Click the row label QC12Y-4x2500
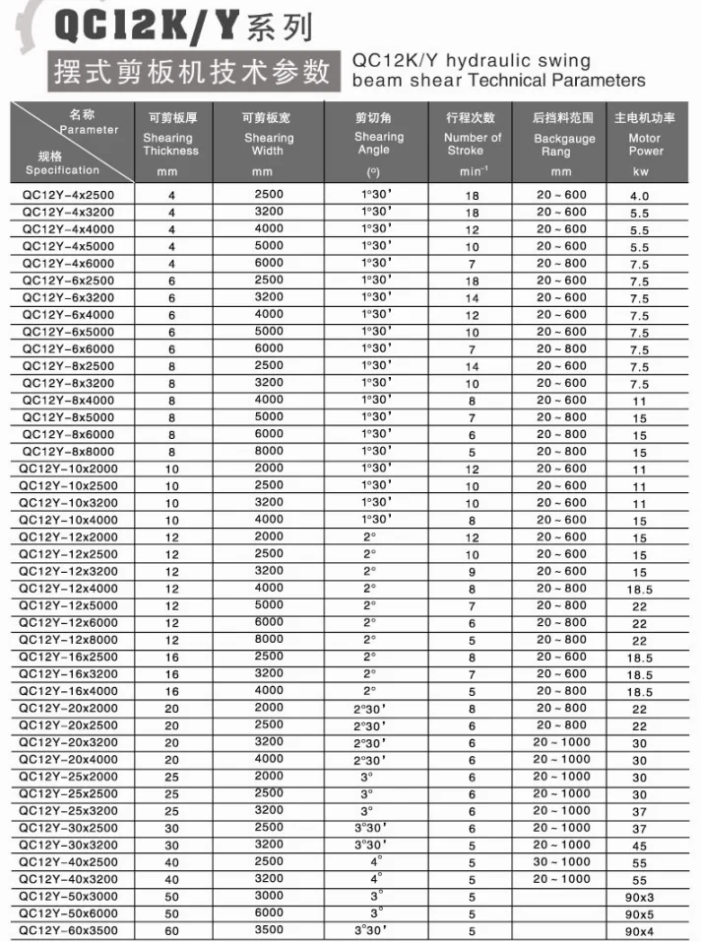pyautogui.click(x=69, y=195)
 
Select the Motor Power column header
pyautogui.click(x=645, y=144)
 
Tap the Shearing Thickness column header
pyautogui.click(x=170, y=144)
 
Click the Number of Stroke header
pyautogui.click(x=472, y=144)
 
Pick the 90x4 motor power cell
pyautogui.click(x=639, y=931)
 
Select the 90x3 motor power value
pyautogui.click(x=639, y=897)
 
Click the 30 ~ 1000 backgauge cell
pyautogui.click(x=562, y=862)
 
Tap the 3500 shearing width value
pyautogui.click(x=268, y=930)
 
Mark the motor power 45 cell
pyautogui.click(x=639, y=846)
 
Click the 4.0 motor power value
pyautogui.click(x=639, y=196)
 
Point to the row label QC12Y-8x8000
pyautogui.click(x=69, y=451)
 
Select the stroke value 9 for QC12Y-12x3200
pyautogui.click(x=472, y=572)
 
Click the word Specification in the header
pyautogui.click(x=61, y=170)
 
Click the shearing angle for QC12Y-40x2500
pyautogui.click(x=375, y=861)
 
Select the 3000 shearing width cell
pyautogui.click(x=268, y=896)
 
